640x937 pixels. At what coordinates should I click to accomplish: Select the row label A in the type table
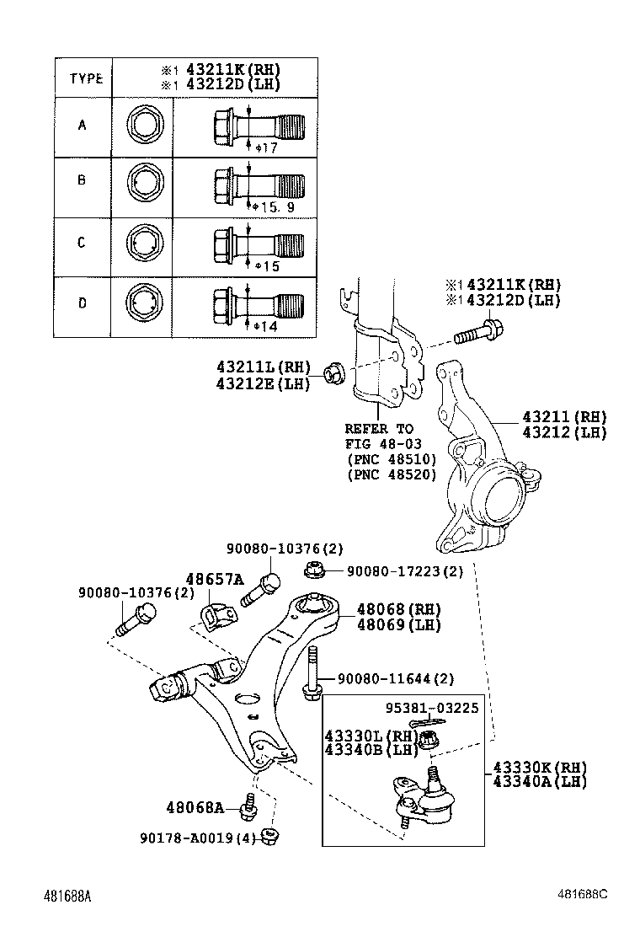(82, 126)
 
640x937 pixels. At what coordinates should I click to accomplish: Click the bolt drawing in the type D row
(257, 303)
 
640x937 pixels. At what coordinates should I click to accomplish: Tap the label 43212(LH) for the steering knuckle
(563, 432)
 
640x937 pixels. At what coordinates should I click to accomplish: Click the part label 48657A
(214, 579)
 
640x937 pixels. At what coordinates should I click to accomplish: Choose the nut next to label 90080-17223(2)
(313, 571)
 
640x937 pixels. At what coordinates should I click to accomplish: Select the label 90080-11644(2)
(396, 678)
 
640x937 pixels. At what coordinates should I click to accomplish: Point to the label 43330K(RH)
(539, 768)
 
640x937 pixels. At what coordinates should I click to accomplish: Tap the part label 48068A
(195, 808)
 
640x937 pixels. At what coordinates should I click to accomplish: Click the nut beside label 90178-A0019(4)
(271, 837)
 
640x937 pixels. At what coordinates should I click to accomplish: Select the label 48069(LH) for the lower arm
(398, 624)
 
